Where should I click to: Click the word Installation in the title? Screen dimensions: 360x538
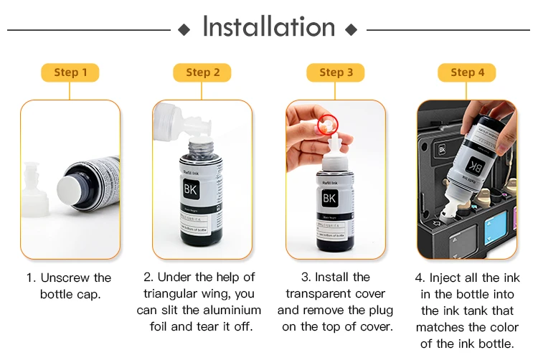(x=269, y=27)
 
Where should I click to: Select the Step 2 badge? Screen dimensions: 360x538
(x=202, y=72)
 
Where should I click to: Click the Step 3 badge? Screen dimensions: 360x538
(x=336, y=72)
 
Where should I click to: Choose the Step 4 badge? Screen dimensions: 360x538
(x=467, y=72)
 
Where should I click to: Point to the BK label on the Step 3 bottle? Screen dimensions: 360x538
(x=329, y=197)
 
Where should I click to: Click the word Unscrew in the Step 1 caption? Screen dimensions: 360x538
(x=67, y=278)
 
